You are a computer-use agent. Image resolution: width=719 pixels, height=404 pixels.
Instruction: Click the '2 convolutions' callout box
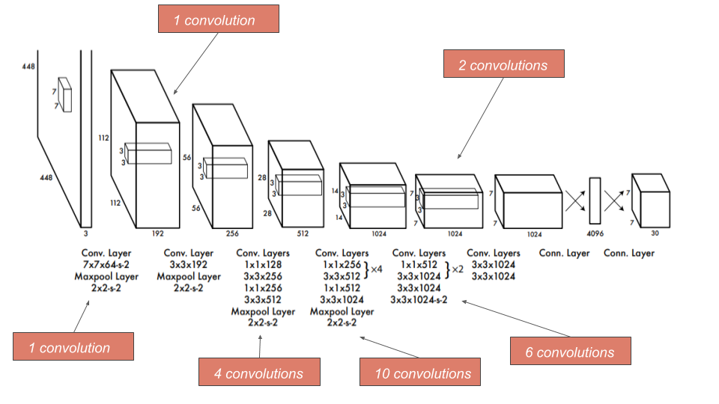point(503,65)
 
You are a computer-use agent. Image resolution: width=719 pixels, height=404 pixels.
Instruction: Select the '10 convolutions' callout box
point(420,373)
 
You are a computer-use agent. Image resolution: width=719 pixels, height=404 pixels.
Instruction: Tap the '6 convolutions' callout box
point(570,352)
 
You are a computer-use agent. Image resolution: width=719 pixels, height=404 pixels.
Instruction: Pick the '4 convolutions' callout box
point(259,373)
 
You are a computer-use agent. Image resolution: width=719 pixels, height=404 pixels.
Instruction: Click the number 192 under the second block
point(158,233)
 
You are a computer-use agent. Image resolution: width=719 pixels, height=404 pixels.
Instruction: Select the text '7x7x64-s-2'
point(105,266)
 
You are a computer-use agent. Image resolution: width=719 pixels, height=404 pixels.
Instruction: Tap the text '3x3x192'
point(189,266)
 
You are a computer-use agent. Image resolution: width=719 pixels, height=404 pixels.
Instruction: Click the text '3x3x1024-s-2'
point(419,300)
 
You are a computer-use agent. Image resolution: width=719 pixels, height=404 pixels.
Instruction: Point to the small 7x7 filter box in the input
point(65,95)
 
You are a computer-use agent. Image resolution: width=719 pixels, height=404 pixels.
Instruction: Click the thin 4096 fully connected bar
point(595,200)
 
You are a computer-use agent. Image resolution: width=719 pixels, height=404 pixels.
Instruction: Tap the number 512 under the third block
point(303,233)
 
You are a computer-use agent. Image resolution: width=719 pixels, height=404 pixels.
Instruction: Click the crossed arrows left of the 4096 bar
point(575,200)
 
